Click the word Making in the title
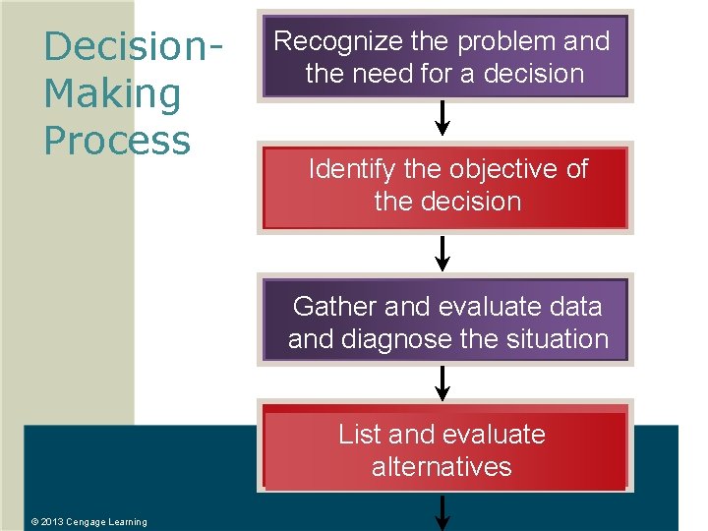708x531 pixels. click(113, 94)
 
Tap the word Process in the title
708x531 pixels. click(117, 141)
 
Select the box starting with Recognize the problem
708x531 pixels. click(443, 57)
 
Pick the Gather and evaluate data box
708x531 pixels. click(445, 321)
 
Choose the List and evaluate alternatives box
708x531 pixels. click(445, 450)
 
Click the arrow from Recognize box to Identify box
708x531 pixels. click(442, 120)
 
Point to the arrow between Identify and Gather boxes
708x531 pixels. click(442, 253)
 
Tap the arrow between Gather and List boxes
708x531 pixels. click(442, 383)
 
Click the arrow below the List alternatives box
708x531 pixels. click(442, 512)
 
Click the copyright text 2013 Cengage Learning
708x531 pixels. click(88, 522)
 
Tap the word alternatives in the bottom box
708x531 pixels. click(442, 466)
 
